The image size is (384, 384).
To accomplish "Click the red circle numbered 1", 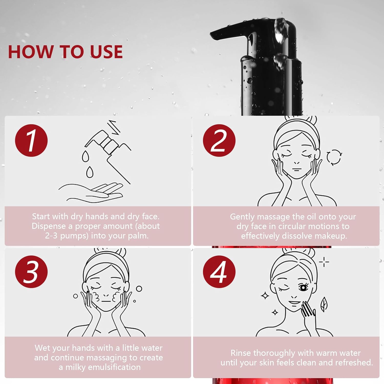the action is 31,141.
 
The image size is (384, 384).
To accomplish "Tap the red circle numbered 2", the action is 219,141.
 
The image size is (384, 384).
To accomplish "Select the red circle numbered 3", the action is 31,272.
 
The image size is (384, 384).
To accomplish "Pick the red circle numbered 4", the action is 219,272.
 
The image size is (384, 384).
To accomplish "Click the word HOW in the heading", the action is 30,52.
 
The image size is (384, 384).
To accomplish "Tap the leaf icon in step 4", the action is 324,304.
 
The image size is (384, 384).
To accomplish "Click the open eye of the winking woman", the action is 303,288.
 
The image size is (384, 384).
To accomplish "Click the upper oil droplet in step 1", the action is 86,156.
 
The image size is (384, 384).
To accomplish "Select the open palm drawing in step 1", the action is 91,192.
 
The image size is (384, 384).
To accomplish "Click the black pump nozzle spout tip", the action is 212,35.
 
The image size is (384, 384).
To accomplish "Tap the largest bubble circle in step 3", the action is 139,289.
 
